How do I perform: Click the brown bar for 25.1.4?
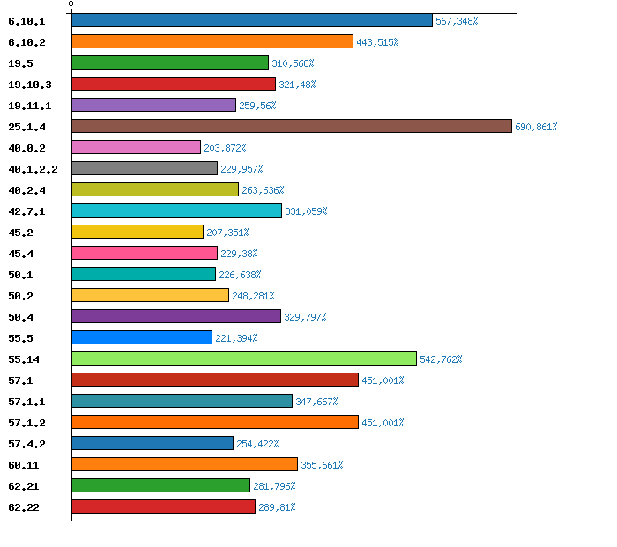coord(291,126)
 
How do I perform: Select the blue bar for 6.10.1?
coord(251,20)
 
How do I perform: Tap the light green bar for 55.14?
coord(243,359)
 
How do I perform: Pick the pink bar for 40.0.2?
coord(136,147)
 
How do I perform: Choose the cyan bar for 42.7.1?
coord(176,211)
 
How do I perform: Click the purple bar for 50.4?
coord(175,316)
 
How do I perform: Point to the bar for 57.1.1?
coord(182,401)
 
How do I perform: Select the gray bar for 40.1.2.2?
coord(144,168)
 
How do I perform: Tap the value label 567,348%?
coord(457,21)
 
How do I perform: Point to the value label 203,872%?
coord(225,148)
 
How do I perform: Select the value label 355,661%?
coord(322,465)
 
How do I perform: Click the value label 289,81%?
coord(277,507)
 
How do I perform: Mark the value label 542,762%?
coord(441,359)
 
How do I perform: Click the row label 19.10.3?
coord(30,85)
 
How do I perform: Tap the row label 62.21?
coord(24,486)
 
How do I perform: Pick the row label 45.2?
coord(20,233)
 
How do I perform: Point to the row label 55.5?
coord(20,338)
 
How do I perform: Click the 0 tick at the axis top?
coord(71,4)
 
